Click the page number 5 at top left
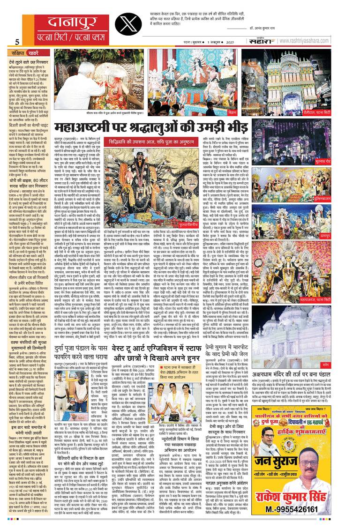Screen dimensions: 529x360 [17, 42]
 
